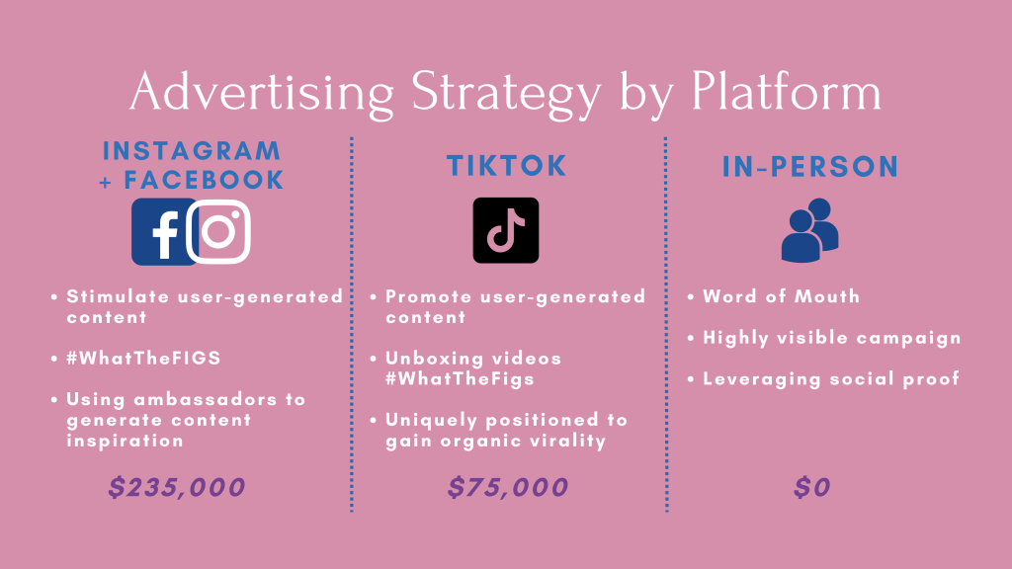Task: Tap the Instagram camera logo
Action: coord(218,231)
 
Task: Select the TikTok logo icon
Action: coord(506,230)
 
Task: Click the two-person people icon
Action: coord(810,229)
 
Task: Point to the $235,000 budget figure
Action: coord(176,487)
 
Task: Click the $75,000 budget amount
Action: coord(508,487)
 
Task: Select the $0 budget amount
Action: coord(812,487)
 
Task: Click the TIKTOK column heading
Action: coord(507,166)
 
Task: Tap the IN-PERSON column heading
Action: coord(810,166)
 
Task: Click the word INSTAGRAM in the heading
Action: coord(192,151)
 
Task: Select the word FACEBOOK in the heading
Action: coord(204,180)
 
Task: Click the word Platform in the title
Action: coord(786,92)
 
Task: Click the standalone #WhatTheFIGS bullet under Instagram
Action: coord(143,358)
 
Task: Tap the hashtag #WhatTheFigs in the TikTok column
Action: coord(460,378)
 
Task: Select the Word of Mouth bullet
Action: coord(781,296)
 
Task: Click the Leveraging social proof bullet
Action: coord(830,378)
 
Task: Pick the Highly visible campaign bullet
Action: coord(831,338)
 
